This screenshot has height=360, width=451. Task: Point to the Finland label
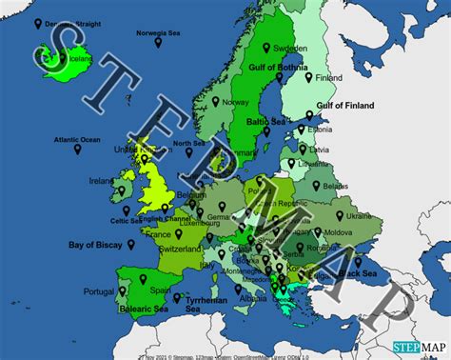pos(356,77)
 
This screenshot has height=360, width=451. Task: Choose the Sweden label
pos(289,47)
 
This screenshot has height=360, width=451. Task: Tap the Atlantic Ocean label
pos(77,141)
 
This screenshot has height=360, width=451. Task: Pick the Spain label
pos(160,290)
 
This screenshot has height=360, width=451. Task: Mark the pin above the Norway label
pos(215,100)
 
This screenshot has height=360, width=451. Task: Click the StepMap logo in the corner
pos(420,348)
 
